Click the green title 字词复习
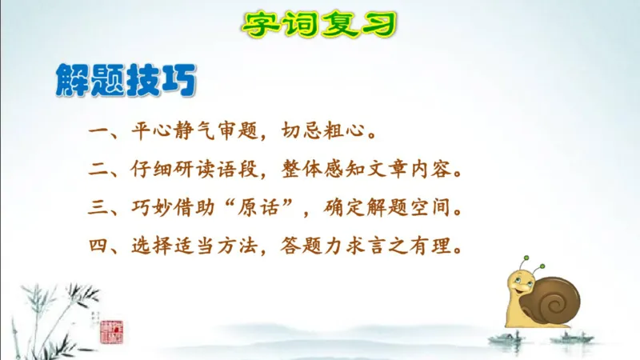(319, 24)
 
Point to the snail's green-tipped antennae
(532, 264)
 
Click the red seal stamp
(107, 330)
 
